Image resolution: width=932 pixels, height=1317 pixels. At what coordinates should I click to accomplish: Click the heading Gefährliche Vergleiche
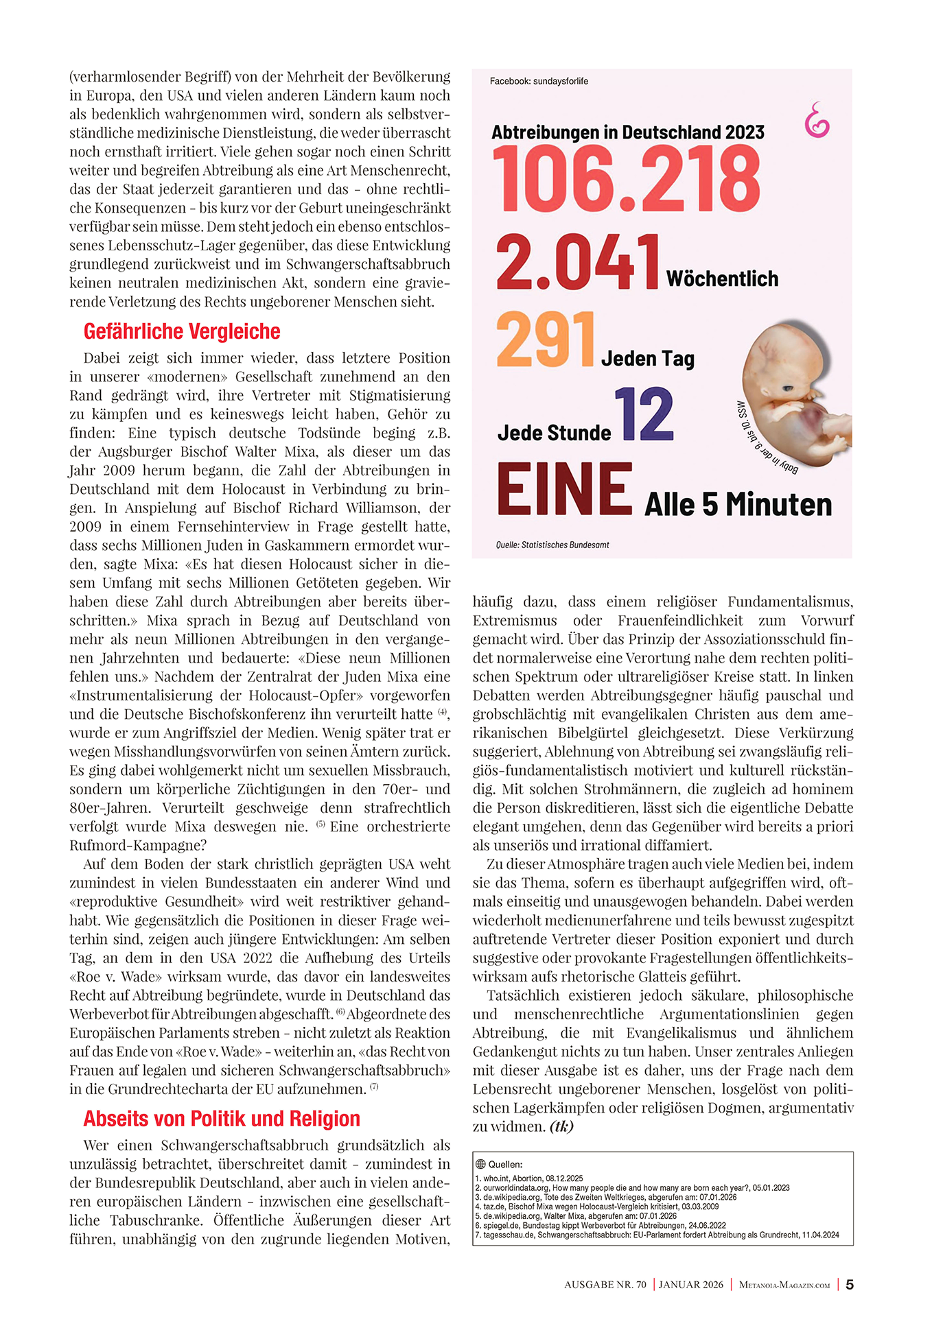coord(182,332)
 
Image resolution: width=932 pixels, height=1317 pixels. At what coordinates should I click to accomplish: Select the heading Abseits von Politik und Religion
coord(222,1119)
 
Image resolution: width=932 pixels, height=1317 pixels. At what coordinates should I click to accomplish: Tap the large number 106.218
coord(626,180)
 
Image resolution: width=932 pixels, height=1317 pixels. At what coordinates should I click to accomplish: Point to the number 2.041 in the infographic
coord(578,262)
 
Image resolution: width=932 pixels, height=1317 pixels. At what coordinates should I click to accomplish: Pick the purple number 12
coord(644,414)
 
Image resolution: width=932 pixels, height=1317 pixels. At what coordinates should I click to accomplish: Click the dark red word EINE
coord(564,489)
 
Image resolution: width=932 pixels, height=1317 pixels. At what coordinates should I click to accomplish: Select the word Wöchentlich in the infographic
coord(722,279)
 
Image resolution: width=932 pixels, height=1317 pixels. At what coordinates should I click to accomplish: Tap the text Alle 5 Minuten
coord(738,505)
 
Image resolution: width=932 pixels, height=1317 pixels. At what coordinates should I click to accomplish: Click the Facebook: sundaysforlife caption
coord(539,82)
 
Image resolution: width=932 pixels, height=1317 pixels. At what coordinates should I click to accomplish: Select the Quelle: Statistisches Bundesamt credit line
coord(552,545)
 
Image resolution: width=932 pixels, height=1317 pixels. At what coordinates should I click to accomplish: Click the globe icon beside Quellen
coord(480,1164)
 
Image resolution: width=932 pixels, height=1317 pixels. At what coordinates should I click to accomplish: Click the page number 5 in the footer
coord(850,1285)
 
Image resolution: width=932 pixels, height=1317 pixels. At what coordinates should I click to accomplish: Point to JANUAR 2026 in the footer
coord(691,1285)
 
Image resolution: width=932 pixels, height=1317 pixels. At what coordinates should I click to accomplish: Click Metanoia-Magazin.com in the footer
coord(784,1285)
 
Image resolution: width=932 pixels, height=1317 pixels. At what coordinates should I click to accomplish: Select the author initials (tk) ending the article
coord(561,1126)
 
